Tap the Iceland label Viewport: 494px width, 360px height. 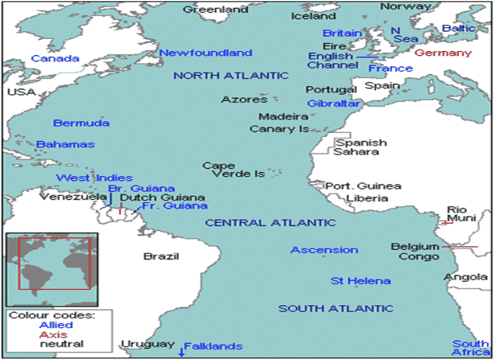(x=313, y=16)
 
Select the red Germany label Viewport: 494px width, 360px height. (x=443, y=53)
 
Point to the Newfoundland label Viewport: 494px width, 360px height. (x=205, y=53)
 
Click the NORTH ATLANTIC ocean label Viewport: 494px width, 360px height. (x=231, y=76)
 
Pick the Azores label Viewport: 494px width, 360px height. (x=244, y=100)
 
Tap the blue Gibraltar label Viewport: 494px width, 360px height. (x=334, y=103)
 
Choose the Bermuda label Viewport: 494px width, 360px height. (x=81, y=123)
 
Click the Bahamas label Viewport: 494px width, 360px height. (x=66, y=144)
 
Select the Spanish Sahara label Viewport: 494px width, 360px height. (x=360, y=147)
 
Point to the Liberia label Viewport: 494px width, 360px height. (x=367, y=198)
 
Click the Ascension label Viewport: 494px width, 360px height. (x=324, y=250)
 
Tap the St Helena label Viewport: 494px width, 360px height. (x=361, y=281)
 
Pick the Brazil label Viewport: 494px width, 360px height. (x=161, y=256)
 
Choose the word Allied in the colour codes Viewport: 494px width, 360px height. (x=56, y=325)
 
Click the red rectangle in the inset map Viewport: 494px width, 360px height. (x=54, y=263)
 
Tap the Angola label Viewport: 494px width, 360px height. (x=466, y=277)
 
